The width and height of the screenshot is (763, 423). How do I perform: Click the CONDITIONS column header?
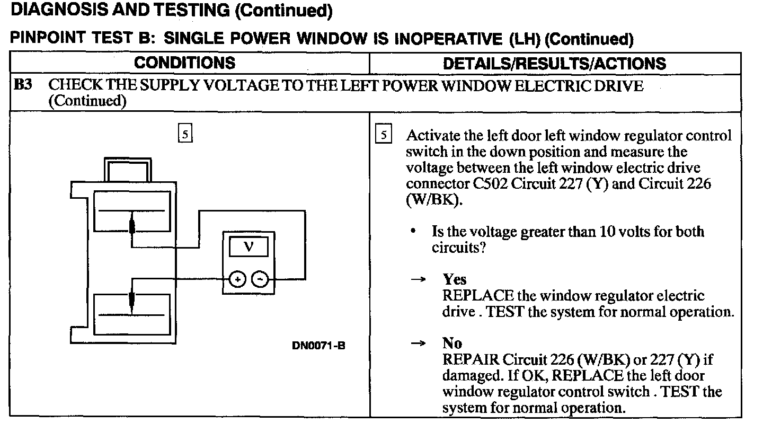coord(184,63)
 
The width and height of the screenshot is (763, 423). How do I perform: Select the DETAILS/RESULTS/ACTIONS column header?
coord(554,64)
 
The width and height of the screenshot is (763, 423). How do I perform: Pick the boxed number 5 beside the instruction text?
coord(383,135)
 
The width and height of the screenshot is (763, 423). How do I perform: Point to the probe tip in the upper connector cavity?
coord(132,226)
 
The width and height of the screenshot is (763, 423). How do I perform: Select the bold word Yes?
coord(454,279)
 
